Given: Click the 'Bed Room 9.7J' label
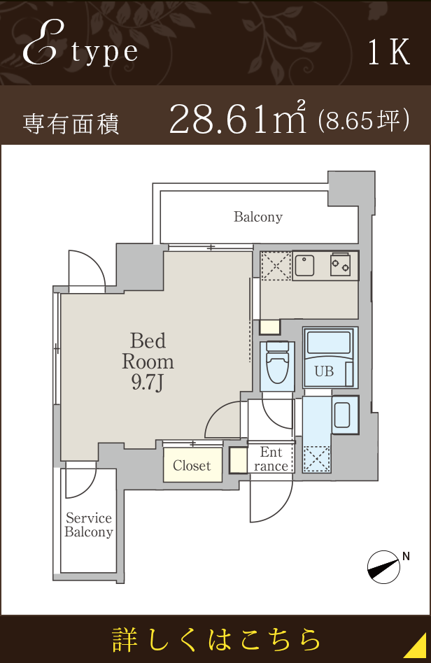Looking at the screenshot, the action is pos(148,362).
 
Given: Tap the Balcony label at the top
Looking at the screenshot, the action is pos(258,217).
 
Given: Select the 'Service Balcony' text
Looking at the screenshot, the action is pos(89,525).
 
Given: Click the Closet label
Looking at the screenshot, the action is pos(192,466).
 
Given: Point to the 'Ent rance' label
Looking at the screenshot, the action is pos(271,459).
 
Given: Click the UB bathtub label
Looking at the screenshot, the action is pos(324,371).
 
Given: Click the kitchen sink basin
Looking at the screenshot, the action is pos(305,266).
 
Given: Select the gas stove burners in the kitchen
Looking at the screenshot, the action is pos(341,264).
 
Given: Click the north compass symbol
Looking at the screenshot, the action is pos(383,567).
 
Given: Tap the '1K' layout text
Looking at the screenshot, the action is pos(389,52).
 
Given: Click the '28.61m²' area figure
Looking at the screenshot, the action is pos(238,118).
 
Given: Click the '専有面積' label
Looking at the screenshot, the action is pos(71,124).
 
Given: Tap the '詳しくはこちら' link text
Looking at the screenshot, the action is pos(215,639).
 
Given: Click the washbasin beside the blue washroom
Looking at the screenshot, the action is pos(341,415).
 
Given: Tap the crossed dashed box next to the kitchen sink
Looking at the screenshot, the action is pos(276,266).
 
